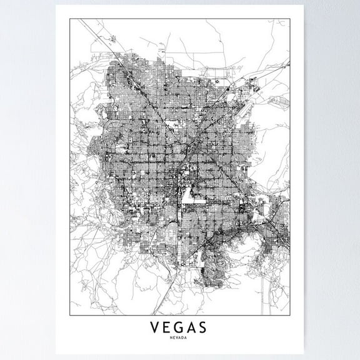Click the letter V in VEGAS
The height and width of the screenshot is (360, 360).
point(154,327)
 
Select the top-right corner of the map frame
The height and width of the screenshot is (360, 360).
point(289,19)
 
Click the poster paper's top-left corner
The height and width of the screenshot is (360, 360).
point(56,6)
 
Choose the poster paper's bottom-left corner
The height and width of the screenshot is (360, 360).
point(56,355)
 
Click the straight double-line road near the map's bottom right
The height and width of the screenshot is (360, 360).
point(269,294)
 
